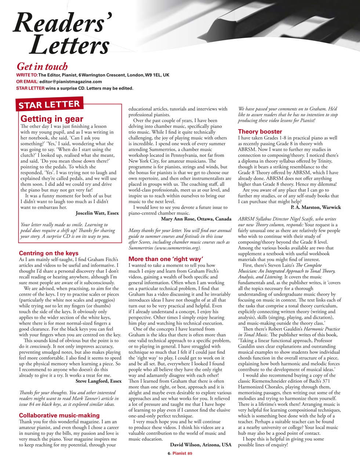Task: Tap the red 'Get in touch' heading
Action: point(42,66)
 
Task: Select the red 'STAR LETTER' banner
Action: point(50,104)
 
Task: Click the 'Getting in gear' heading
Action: point(52,119)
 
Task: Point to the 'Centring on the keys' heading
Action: point(48,253)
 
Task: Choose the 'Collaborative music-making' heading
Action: point(59,415)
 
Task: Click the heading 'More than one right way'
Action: point(166,259)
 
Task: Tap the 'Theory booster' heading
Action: point(260,131)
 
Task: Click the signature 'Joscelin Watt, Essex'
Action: point(97,213)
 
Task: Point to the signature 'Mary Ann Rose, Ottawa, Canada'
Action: point(196,219)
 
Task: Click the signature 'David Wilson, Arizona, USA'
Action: point(201,445)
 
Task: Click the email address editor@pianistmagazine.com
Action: point(70,82)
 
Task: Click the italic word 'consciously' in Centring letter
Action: point(40,346)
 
